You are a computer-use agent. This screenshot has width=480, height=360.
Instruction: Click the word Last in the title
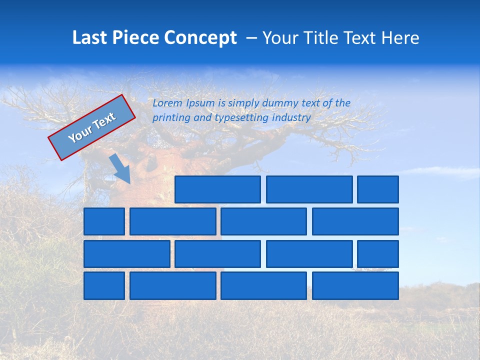coord(90,38)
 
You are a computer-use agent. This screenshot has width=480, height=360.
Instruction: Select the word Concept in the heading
coord(201,38)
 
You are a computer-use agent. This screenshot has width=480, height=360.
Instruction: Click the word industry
coord(291,118)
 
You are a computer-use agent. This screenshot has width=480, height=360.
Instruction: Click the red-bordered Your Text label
coord(91,127)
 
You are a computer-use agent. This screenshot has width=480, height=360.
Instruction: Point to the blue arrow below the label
coord(120,168)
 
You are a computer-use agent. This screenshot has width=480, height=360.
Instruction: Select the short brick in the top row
coord(378,189)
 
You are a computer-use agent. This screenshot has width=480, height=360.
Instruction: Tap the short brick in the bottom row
coord(104,285)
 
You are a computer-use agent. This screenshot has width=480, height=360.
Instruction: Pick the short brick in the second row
coord(104,221)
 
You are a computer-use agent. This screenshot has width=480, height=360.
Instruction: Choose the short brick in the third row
coord(378,253)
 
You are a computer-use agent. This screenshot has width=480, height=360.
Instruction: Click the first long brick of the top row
coord(217,189)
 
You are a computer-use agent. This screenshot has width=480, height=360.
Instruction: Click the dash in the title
coord(252,38)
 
